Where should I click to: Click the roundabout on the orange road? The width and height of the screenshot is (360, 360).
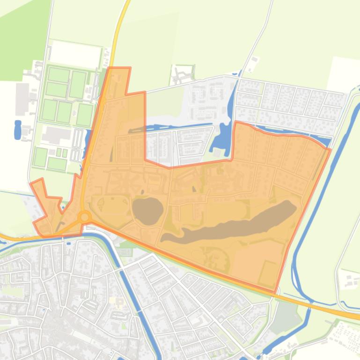[x=84, y=216]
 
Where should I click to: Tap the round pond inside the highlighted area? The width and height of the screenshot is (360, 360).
[x=147, y=210]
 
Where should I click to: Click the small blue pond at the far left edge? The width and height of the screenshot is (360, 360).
[x=18, y=130]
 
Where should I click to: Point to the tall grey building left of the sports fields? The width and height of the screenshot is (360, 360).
[x=22, y=99]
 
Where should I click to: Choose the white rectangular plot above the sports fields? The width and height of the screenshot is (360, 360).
[x=75, y=54]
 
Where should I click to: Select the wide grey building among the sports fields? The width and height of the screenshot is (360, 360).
[x=56, y=135]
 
